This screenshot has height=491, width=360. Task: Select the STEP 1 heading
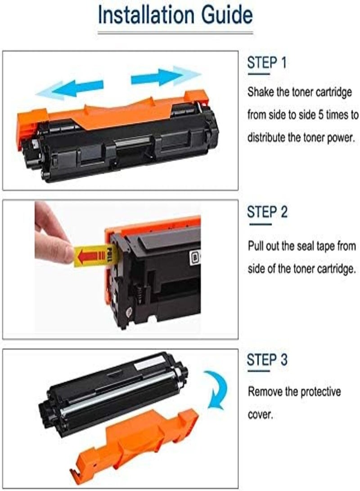tap(267, 63)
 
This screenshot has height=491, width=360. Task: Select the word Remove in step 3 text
tap(265, 392)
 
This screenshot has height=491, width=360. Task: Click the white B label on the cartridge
tap(196, 258)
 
